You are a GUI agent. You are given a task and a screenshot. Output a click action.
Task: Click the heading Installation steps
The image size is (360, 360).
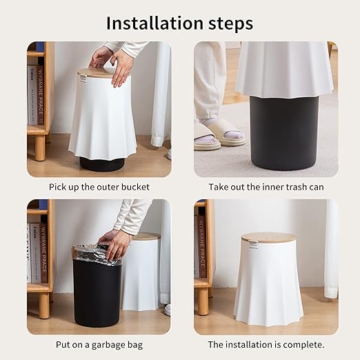click(179, 23)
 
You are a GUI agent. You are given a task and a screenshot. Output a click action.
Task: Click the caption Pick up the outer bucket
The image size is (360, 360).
click(99, 187)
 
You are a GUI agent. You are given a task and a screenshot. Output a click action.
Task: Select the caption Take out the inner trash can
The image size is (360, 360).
click(266, 187)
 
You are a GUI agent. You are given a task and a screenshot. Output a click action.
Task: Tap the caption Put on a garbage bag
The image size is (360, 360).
click(99, 344)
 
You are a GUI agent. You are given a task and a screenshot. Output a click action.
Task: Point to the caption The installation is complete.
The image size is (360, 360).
click(266, 344)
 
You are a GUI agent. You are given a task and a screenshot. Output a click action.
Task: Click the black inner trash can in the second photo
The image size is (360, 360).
click(283, 131)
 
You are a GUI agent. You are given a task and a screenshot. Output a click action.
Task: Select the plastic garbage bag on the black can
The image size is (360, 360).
click(97, 254)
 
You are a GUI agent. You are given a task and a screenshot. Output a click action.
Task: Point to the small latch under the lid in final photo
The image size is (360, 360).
click(253, 244)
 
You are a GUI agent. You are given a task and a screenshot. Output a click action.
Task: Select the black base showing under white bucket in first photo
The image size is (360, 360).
click(101, 164)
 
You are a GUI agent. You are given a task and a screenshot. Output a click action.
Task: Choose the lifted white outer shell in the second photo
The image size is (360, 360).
click(283, 69)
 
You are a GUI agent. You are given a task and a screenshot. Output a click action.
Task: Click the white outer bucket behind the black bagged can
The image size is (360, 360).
click(141, 276)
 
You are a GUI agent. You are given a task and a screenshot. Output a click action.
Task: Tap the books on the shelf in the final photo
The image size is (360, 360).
click(201, 248)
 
